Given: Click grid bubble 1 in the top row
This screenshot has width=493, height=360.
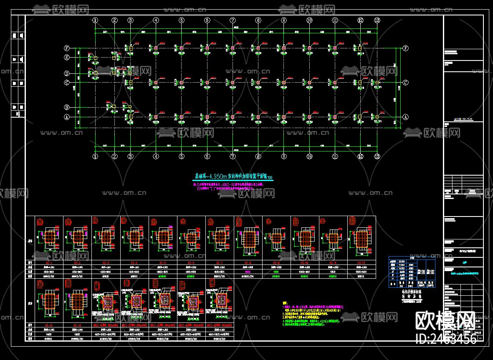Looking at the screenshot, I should pos(95,20).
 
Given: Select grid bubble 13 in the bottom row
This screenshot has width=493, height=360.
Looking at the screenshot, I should pos(377,156).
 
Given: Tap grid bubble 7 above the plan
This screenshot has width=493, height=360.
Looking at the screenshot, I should pos(233,20).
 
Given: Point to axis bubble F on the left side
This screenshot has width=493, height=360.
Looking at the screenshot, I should pos(66,48).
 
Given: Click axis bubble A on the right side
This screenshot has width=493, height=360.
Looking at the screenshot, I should pos(405,117).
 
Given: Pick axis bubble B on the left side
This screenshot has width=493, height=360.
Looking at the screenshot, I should pos(66,106).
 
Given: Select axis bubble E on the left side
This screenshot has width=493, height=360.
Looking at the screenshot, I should pos(66,58).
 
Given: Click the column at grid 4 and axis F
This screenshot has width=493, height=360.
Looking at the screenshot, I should pos(156,48).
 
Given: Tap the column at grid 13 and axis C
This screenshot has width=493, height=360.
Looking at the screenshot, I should pos(377,83).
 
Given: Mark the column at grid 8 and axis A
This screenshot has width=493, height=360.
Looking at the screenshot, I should pos(258,117).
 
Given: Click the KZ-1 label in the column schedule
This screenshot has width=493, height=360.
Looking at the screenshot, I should pos(49,262).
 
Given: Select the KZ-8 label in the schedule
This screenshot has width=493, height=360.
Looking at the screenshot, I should pos(248,262).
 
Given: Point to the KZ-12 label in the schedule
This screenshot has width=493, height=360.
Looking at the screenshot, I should pos(361,262).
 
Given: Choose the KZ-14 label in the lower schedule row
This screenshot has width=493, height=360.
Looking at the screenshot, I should pos(77,325).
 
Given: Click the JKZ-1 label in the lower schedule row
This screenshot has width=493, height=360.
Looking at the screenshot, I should pos(106,325).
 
